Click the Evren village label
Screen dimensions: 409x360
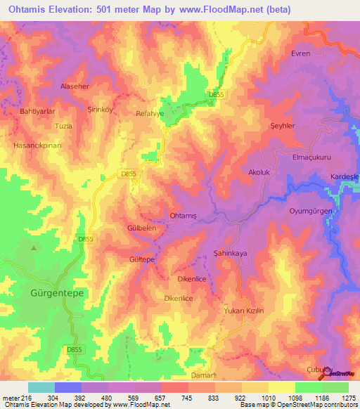point(300,53)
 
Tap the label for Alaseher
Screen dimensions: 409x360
point(56,86)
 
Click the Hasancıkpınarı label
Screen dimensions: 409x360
point(34,145)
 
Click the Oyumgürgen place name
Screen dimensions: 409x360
point(315,211)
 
